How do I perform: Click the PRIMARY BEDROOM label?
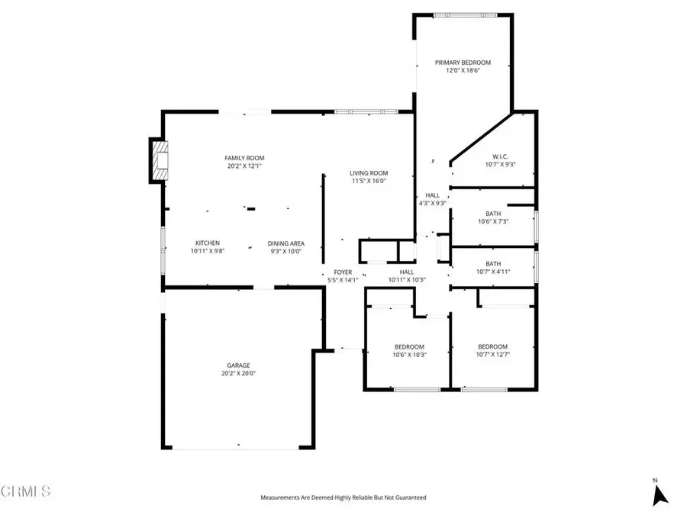click(463, 63)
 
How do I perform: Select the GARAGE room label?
click(237, 365)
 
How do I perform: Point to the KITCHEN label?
click(207, 243)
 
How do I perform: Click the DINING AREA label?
click(285, 243)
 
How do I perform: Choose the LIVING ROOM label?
click(369, 173)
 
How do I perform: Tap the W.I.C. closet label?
click(500, 156)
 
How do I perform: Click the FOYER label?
click(343, 272)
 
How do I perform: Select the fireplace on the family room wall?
click(158, 161)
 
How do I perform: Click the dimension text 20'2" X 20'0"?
click(237, 374)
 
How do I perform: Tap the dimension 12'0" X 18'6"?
click(463, 71)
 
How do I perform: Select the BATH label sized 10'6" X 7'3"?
click(493, 214)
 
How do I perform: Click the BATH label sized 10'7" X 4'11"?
click(493, 264)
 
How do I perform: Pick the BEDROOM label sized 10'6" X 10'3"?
click(408, 346)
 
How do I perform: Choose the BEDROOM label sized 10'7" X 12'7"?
click(492, 346)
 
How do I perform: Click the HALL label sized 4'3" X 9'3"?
click(432, 196)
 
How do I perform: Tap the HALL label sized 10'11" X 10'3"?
click(407, 272)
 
